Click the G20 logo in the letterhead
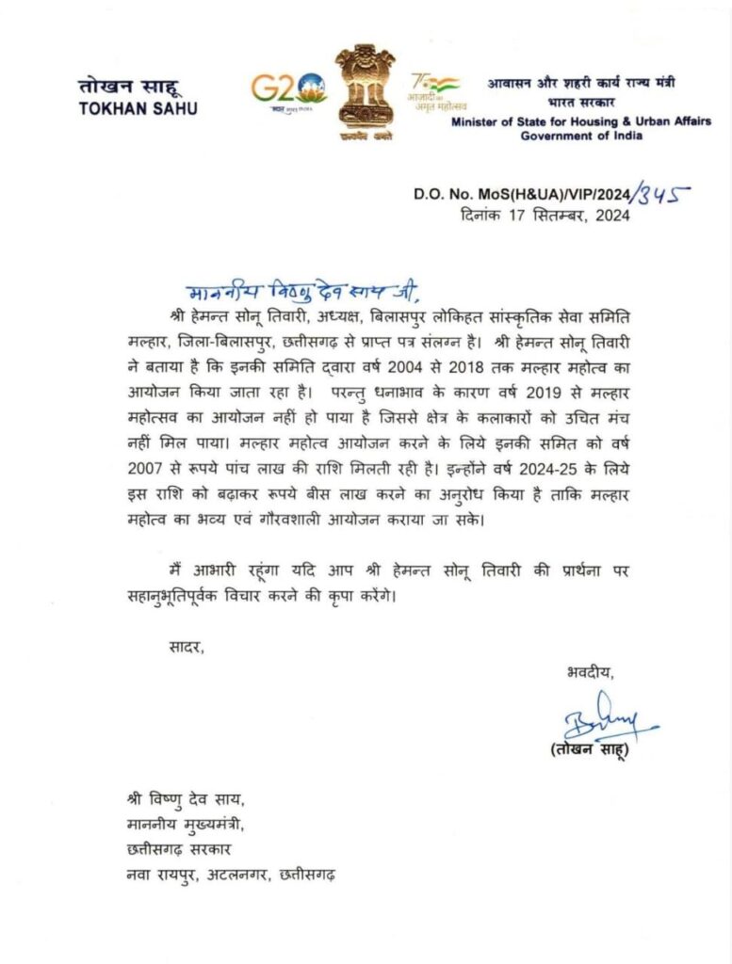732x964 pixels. [288, 89]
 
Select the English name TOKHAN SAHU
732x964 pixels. [138, 106]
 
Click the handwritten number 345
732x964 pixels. [663, 196]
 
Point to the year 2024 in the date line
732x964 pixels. [607, 216]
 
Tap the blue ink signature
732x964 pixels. [601, 725]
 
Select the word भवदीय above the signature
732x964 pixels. [590, 672]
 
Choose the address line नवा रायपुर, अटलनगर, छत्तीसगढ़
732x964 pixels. [232, 875]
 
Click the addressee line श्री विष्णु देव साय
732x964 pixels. [185, 801]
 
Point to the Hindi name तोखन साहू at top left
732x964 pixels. [124, 86]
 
